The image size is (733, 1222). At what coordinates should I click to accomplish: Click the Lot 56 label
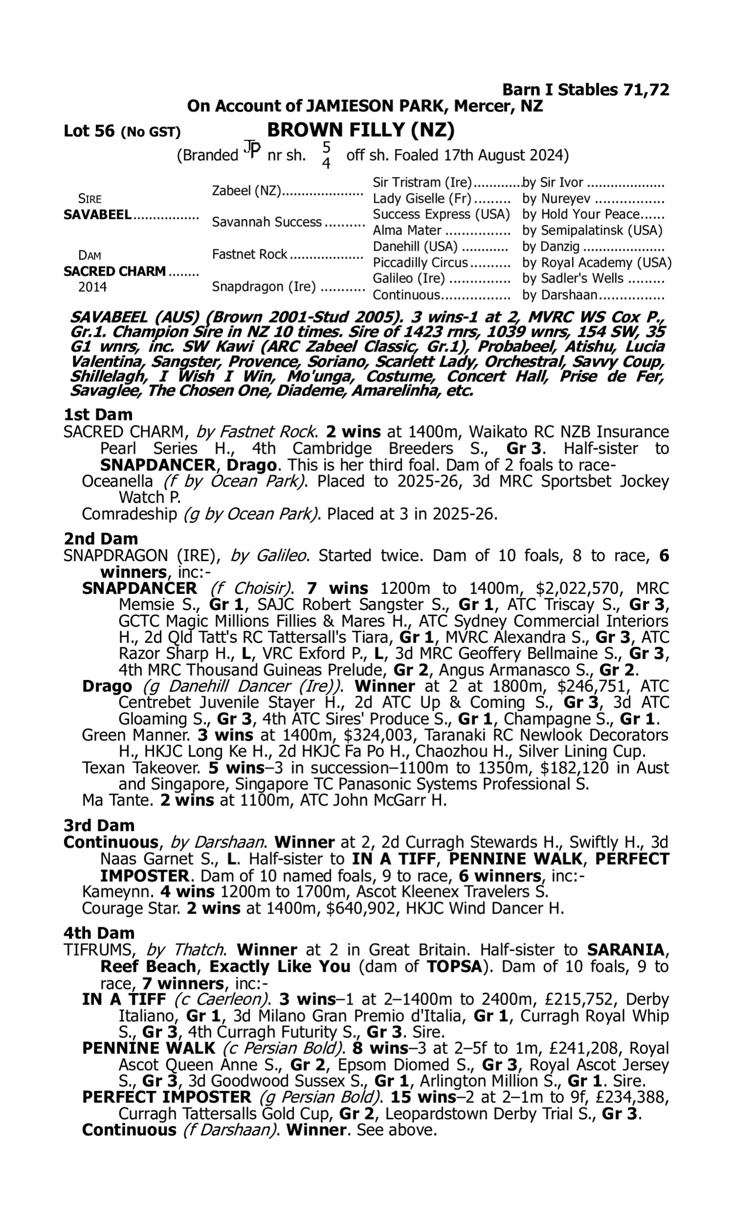pos(89,131)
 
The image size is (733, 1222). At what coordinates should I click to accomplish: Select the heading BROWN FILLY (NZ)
pos(361,130)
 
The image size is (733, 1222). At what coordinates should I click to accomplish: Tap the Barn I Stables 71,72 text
pos(585,90)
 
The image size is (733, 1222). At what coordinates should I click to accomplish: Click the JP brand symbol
pos(252,150)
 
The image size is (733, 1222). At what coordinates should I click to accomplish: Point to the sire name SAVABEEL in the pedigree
pos(97,215)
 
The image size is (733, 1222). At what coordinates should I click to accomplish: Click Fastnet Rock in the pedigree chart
pos(249,254)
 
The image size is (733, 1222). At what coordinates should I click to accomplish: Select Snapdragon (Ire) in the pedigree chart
pos(264,287)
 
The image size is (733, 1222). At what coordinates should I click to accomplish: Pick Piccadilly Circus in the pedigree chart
pos(420,262)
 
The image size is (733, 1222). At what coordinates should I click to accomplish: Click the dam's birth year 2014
pos(92,287)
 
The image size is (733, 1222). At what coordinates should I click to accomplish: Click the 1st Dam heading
pos(98,415)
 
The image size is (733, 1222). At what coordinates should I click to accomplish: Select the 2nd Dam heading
pos(101,538)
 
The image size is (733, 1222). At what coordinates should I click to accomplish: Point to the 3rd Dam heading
pos(99,826)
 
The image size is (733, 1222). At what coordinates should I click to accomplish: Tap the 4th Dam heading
pos(99,933)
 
